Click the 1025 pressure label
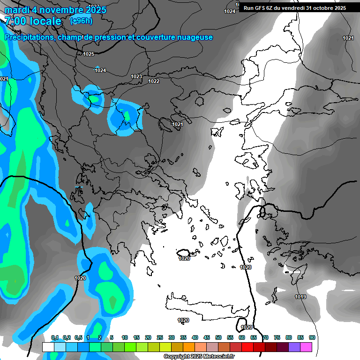pyautogui.click(x=89, y=54)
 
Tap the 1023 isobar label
pyautogui.click(x=136, y=76)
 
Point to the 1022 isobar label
pyautogui.click(x=154, y=81)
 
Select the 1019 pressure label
pyautogui.click(x=300, y=297)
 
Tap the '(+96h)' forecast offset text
pyautogui.click(x=81, y=21)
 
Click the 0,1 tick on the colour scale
pyautogui.click(x=55, y=337)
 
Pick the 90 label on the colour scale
pyautogui.click(x=312, y=337)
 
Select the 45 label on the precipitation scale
pyautogui.click(x=207, y=337)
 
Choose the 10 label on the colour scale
pyautogui.click(x=125, y=337)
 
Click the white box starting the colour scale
pyautogui.click(x=48, y=347)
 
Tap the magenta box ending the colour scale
pyautogui.click(x=306, y=347)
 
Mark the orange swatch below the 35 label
pyautogui.click(x=188, y=347)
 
